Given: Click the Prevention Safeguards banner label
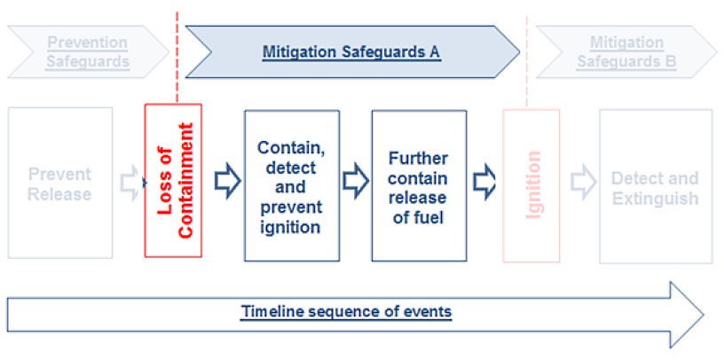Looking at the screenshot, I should click(88, 51).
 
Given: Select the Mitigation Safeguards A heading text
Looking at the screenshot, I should click(351, 51).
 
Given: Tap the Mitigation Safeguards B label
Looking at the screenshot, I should click(626, 51).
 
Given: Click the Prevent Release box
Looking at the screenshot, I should click(60, 183).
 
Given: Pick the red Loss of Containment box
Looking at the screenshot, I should click(173, 182).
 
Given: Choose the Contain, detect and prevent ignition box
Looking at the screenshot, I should click(291, 186).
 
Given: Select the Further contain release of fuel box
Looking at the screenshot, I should click(419, 186).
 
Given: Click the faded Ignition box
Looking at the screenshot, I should click(531, 186).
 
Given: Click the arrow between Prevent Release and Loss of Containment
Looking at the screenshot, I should click(130, 181).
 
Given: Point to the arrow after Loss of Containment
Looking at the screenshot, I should click(229, 181).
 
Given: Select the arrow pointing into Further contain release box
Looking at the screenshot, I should click(355, 181).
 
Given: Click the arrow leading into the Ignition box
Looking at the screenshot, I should click(484, 181).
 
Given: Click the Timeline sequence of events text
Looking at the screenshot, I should click(347, 312).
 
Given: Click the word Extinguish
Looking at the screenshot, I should click(655, 197).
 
